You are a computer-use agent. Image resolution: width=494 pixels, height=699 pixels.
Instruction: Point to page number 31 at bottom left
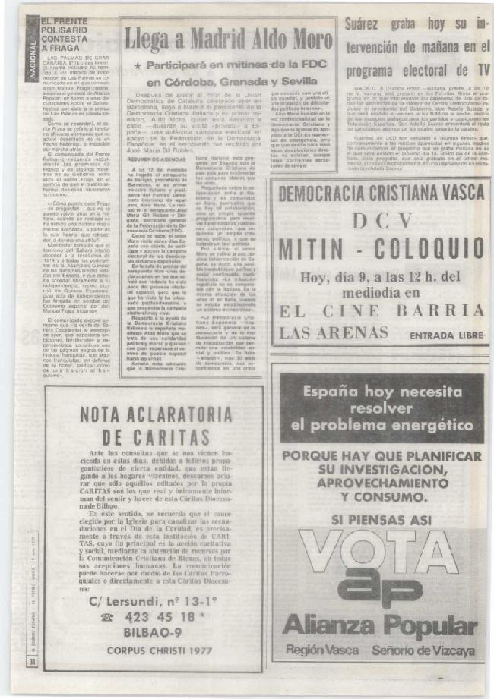[x=33, y=662]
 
